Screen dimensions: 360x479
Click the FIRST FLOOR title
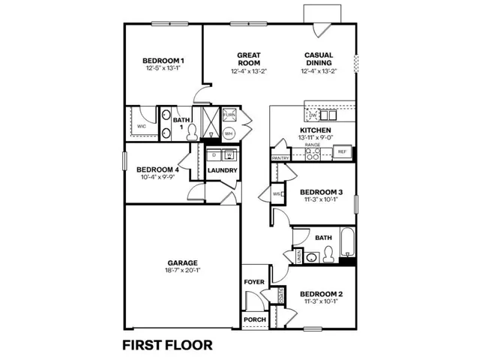pyautogui.click(x=167, y=345)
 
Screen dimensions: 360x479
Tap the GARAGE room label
pyautogui.click(x=182, y=262)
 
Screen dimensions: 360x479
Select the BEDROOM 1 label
pyautogui.click(x=164, y=60)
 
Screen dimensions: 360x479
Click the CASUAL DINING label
pyautogui.click(x=319, y=59)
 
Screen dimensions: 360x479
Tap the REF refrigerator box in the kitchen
pyautogui.click(x=341, y=152)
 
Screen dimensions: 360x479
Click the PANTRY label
pyautogui.click(x=280, y=158)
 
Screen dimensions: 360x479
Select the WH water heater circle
pyautogui.click(x=229, y=133)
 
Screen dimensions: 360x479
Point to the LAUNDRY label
pyautogui.click(x=223, y=170)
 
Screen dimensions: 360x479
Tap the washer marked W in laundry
pyautogui.click(x=229, y=155)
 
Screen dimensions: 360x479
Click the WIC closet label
pyautogui.click(x=141, y=127)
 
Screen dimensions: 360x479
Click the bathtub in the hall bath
pyautogui.click(x=346, y=247)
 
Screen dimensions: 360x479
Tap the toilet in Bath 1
pyautogui.click(x=192, y=132)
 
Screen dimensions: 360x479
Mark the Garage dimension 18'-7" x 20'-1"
pyautogui.click(x=182, y=271)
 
